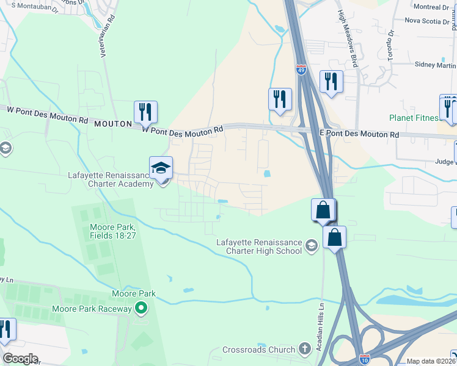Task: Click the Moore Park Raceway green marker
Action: click(142, 309)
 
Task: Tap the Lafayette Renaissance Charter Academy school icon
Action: click(161, 168)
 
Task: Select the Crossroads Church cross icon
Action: click(305, 350)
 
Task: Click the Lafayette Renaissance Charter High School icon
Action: click(312, 246)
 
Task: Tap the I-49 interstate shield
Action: click(301, 70)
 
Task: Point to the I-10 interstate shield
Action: click(365, 359)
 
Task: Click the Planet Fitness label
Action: click(414, 118)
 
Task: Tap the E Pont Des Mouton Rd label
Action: click(359, 134)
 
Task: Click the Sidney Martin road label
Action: click(435, 65)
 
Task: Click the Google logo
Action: click(20, 359)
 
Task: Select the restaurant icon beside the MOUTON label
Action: click(145, 111)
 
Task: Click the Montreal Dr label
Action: click(431, 7)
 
